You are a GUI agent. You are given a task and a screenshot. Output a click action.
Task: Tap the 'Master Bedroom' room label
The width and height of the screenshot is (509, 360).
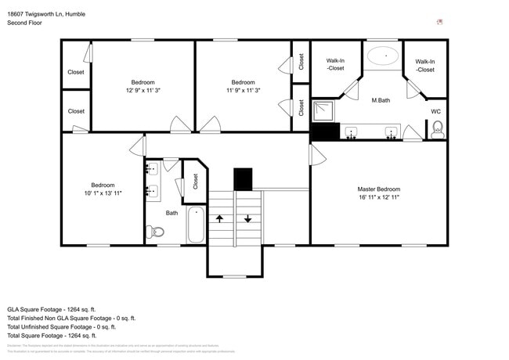[x=379, y=189]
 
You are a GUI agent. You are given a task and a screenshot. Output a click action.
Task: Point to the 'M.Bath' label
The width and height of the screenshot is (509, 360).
[x=381, y=100]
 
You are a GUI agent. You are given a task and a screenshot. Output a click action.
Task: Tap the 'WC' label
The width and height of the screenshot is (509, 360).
[x=436, y=112]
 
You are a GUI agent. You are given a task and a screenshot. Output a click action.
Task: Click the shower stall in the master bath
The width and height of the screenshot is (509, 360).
[x=324, y=112]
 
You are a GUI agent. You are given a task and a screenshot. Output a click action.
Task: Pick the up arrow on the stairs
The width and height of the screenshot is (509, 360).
[x=221, y=218]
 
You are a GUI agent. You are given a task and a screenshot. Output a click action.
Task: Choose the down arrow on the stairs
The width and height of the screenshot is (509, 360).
[x=248, y=218]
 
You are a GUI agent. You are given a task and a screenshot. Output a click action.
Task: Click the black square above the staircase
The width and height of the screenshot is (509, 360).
[x=243, y=179]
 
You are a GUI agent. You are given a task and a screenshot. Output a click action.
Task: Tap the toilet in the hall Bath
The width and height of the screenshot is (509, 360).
[x=155, y=231]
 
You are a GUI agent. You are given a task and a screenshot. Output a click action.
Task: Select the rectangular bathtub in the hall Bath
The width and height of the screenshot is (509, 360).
[x=196, y=225]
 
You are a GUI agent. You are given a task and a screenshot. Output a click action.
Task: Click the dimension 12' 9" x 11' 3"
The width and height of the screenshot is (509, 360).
[x=143, y=90]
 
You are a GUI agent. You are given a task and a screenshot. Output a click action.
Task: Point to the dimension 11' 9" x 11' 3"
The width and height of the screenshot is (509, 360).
[x=243, y=90]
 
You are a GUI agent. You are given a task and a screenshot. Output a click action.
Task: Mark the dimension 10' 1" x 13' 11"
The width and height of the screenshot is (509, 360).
[x=103, y=193]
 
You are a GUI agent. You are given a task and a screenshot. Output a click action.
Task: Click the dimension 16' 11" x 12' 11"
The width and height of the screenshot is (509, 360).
[x=379, y=198]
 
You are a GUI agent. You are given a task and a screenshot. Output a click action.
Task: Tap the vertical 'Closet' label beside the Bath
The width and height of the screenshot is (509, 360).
[x=196, y=181]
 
